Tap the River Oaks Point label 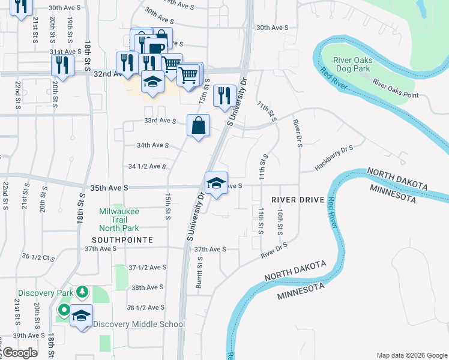click(394, 88)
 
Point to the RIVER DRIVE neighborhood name click(297, 199)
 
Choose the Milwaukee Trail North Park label click(119, 220)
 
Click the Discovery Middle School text click(139, 325)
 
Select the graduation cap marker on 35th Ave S click(216, 183)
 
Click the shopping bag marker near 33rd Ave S click(198, 126)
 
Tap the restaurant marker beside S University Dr click(224, 95)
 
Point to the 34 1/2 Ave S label click(146, 166)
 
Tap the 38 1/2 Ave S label click(146, 307)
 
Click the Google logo click(20, 353)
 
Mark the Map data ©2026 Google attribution click(411, 355)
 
